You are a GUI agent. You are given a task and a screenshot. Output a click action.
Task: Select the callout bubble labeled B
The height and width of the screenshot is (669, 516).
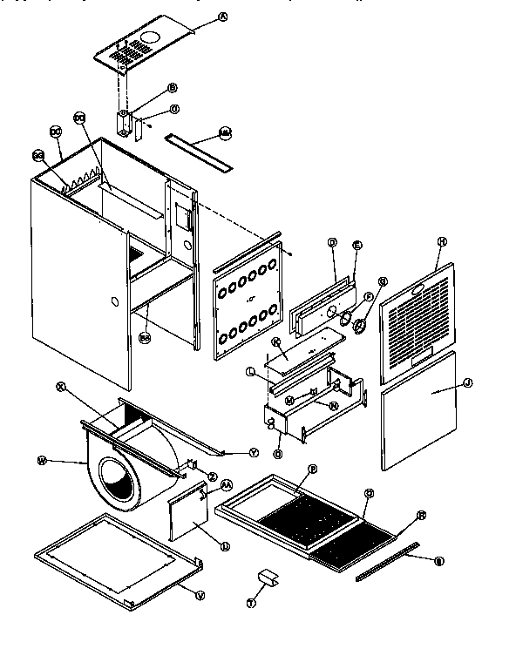tap(172, 88)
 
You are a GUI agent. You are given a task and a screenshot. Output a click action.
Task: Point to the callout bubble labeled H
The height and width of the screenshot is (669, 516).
tap(442, 241)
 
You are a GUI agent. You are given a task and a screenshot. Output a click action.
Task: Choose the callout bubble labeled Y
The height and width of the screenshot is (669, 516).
tap(254, 452)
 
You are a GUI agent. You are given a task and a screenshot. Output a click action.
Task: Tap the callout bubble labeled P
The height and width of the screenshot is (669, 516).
tap(310, 469)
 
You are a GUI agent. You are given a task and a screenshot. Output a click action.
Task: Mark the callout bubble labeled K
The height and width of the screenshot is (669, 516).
tap(275, 341)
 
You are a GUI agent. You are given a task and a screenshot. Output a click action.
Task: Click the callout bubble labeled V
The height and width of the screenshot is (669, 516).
tap(200, 595)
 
